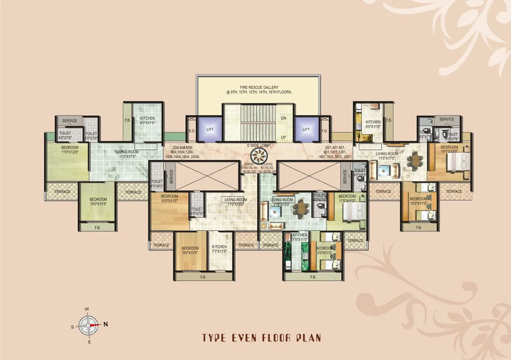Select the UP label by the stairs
(x=283, y=138)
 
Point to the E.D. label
(x=191, y=130)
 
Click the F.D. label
(x=324, y=130)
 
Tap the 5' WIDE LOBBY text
(x=258, y=146)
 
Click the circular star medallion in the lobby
(x=259, y=157)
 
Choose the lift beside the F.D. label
(x=306, y=129)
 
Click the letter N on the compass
(x=106, y=324)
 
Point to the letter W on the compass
(x=87, y=309)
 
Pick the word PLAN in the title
(x=310, y=338)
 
